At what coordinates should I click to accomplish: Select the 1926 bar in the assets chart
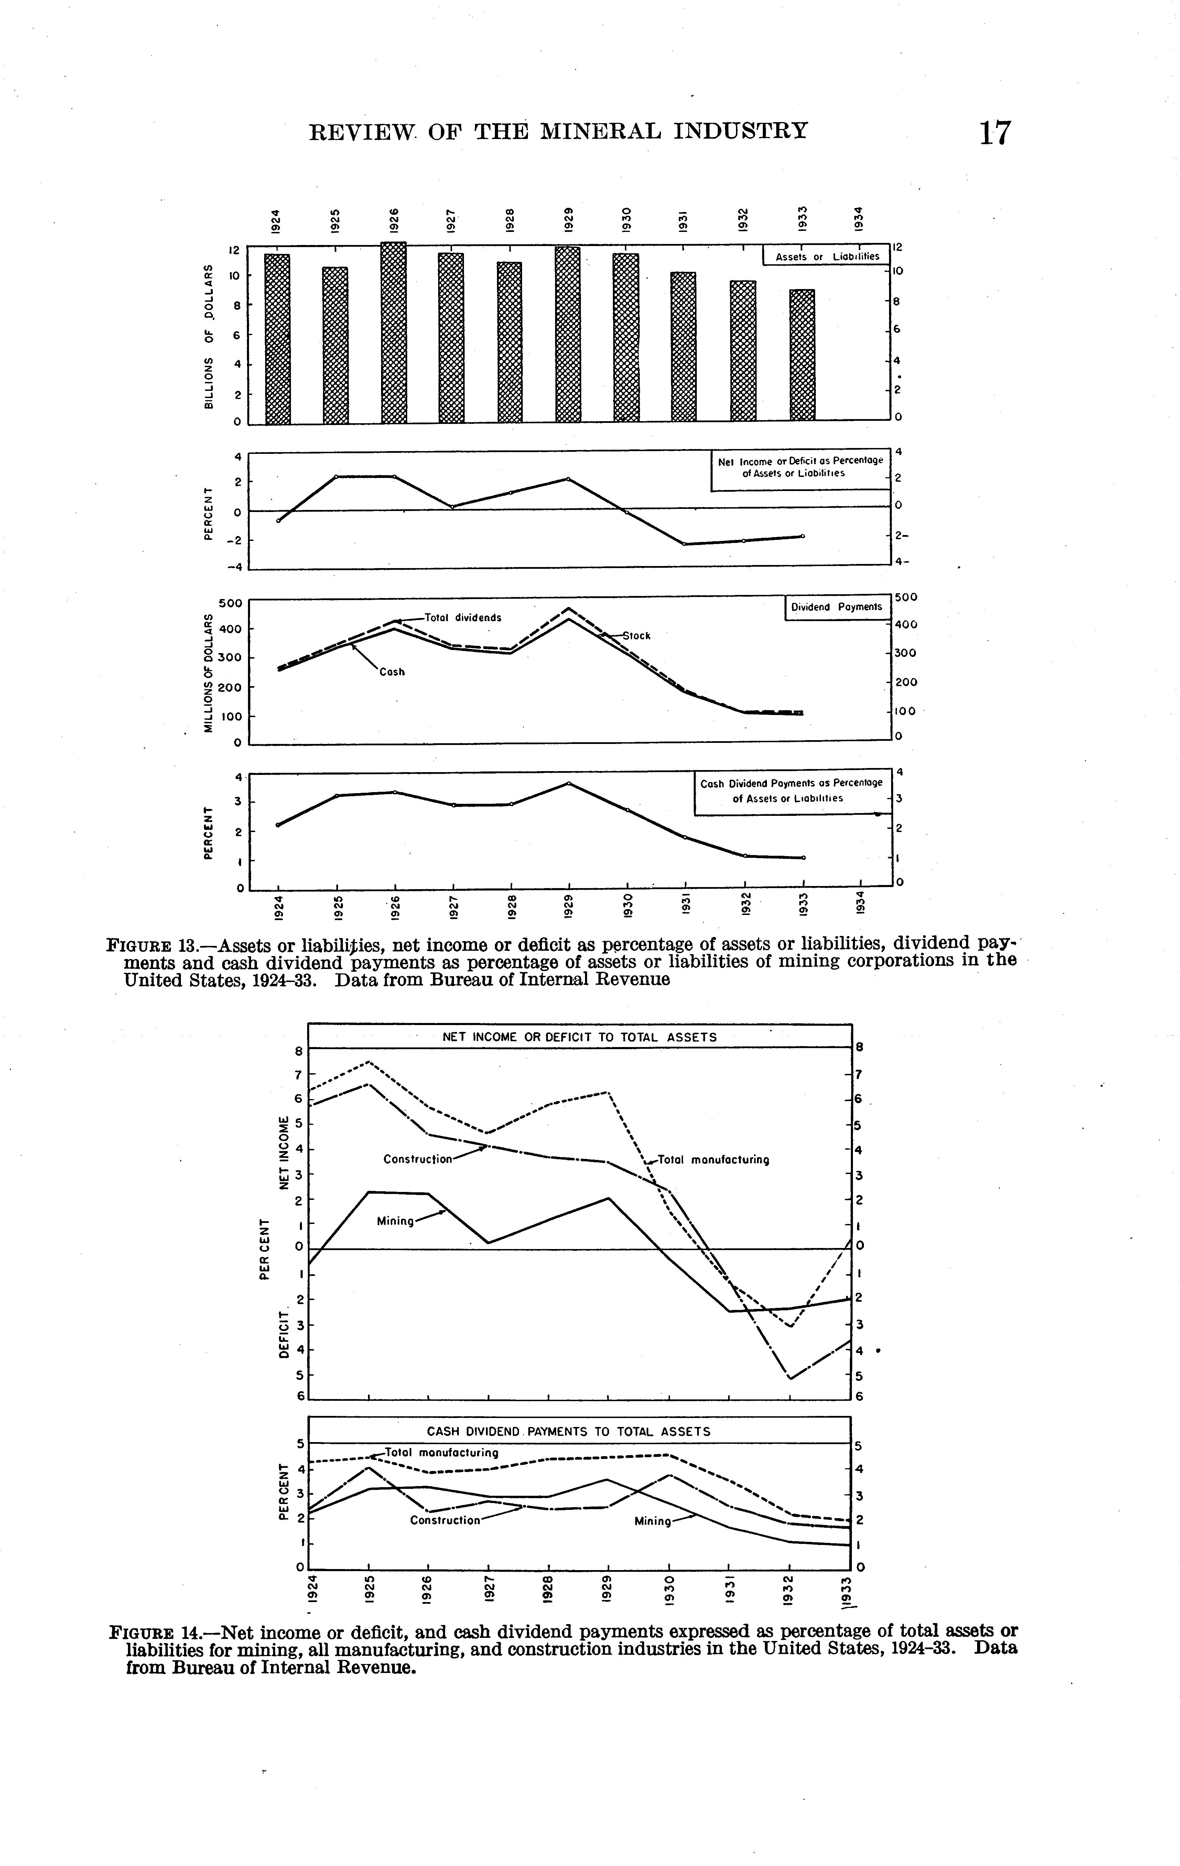(393, 333)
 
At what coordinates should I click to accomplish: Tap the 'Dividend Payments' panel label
(836, 608)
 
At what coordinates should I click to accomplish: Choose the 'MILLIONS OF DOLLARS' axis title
(208, 673)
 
